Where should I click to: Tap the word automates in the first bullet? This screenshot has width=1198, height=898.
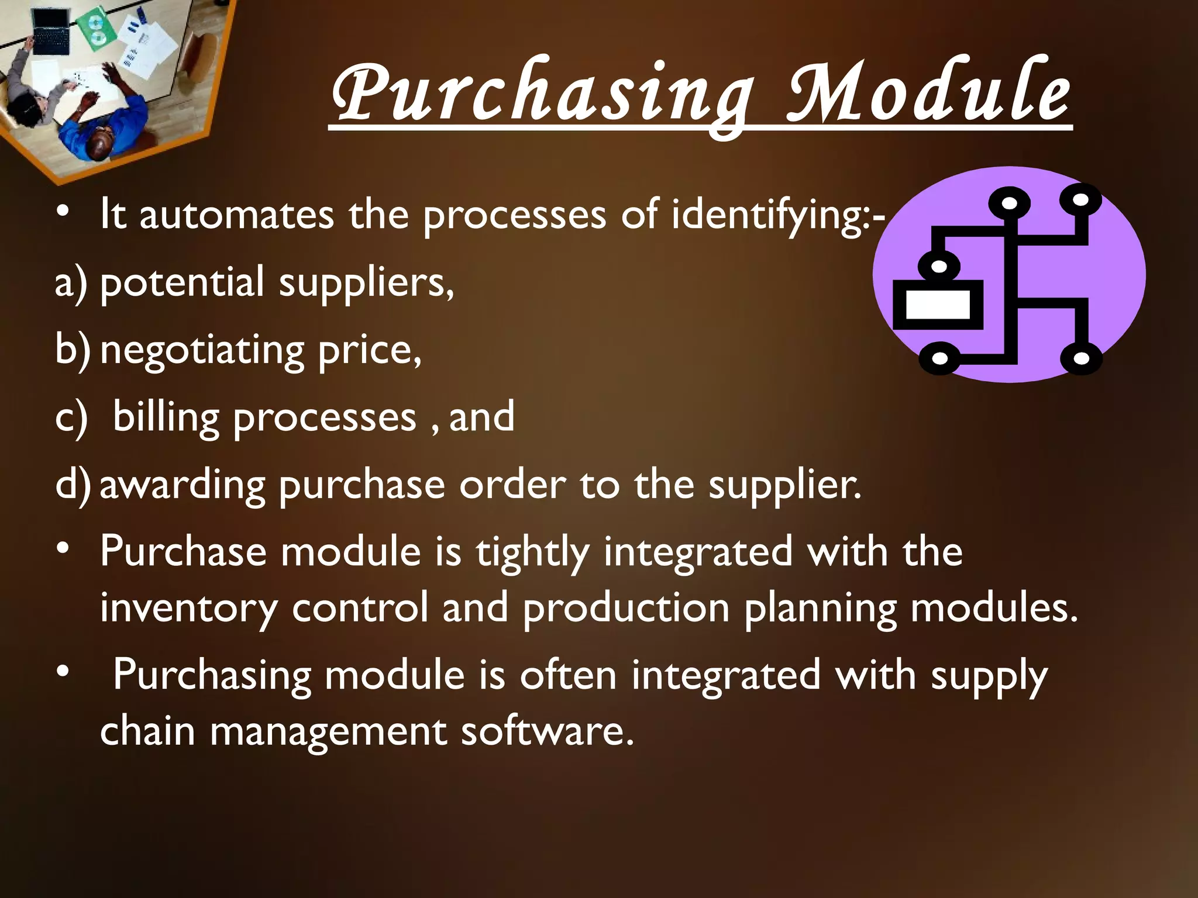click(x=236, y=215)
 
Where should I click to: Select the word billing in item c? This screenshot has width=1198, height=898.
click(x=166, y=417)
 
